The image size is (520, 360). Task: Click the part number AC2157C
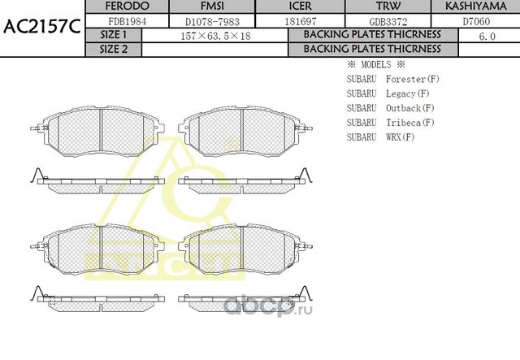click(41, 28)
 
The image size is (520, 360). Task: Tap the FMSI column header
click(200, 7)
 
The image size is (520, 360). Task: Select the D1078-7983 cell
click(200, 21)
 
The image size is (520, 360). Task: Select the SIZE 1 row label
click(113, 35)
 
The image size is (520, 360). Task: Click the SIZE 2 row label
click(113, 49)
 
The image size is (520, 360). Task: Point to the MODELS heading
click(375, 64)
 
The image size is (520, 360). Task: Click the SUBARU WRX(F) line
click(381, 137)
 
